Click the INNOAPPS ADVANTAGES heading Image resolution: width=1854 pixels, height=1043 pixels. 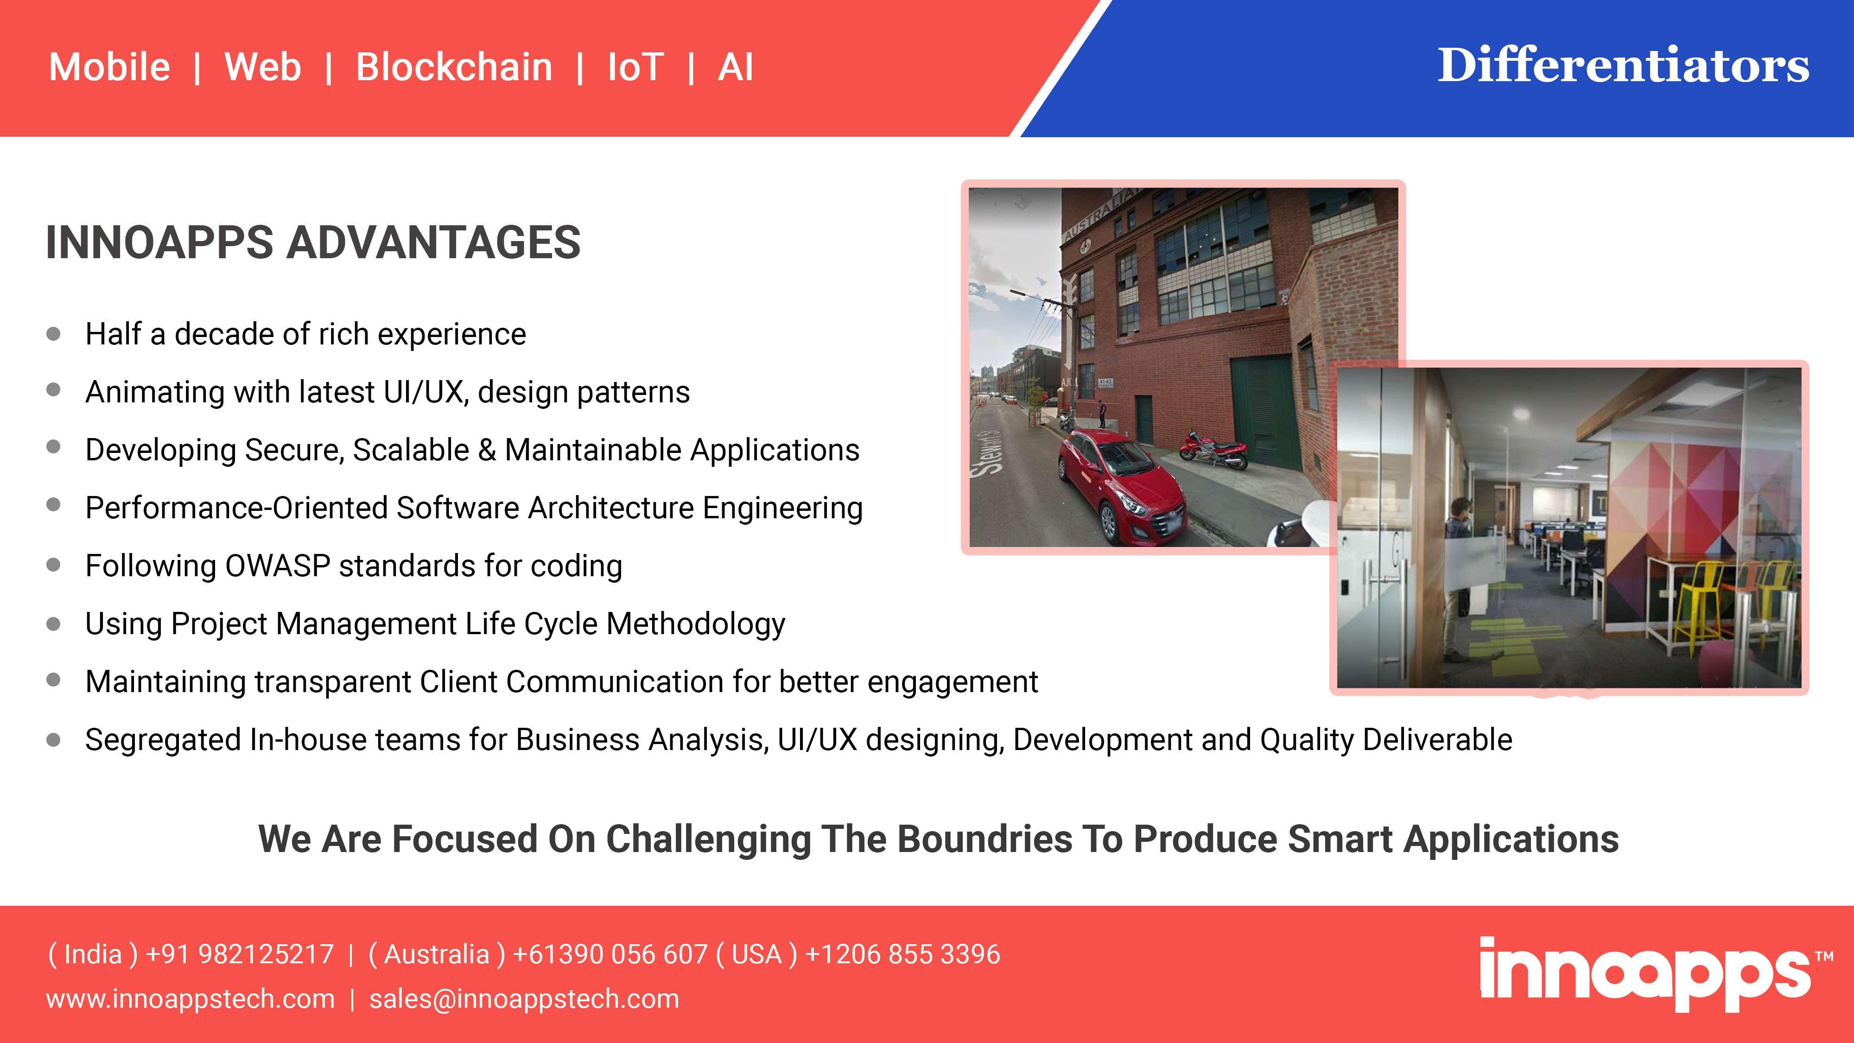point(313,242)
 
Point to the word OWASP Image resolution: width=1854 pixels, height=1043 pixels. point(278,565)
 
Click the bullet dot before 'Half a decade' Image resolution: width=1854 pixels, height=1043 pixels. point(53,334)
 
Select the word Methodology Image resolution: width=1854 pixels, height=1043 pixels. point(696,624)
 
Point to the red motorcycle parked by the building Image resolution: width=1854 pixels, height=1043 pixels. point(1215,448)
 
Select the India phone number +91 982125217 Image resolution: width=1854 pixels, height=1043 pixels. point(240,954)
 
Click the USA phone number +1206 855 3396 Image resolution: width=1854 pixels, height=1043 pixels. point(902,954)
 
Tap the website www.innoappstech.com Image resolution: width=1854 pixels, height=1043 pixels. point(190,999)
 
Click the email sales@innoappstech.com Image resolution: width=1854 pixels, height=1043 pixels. point(524,999)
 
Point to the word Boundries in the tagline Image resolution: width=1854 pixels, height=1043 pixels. point(984,839)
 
